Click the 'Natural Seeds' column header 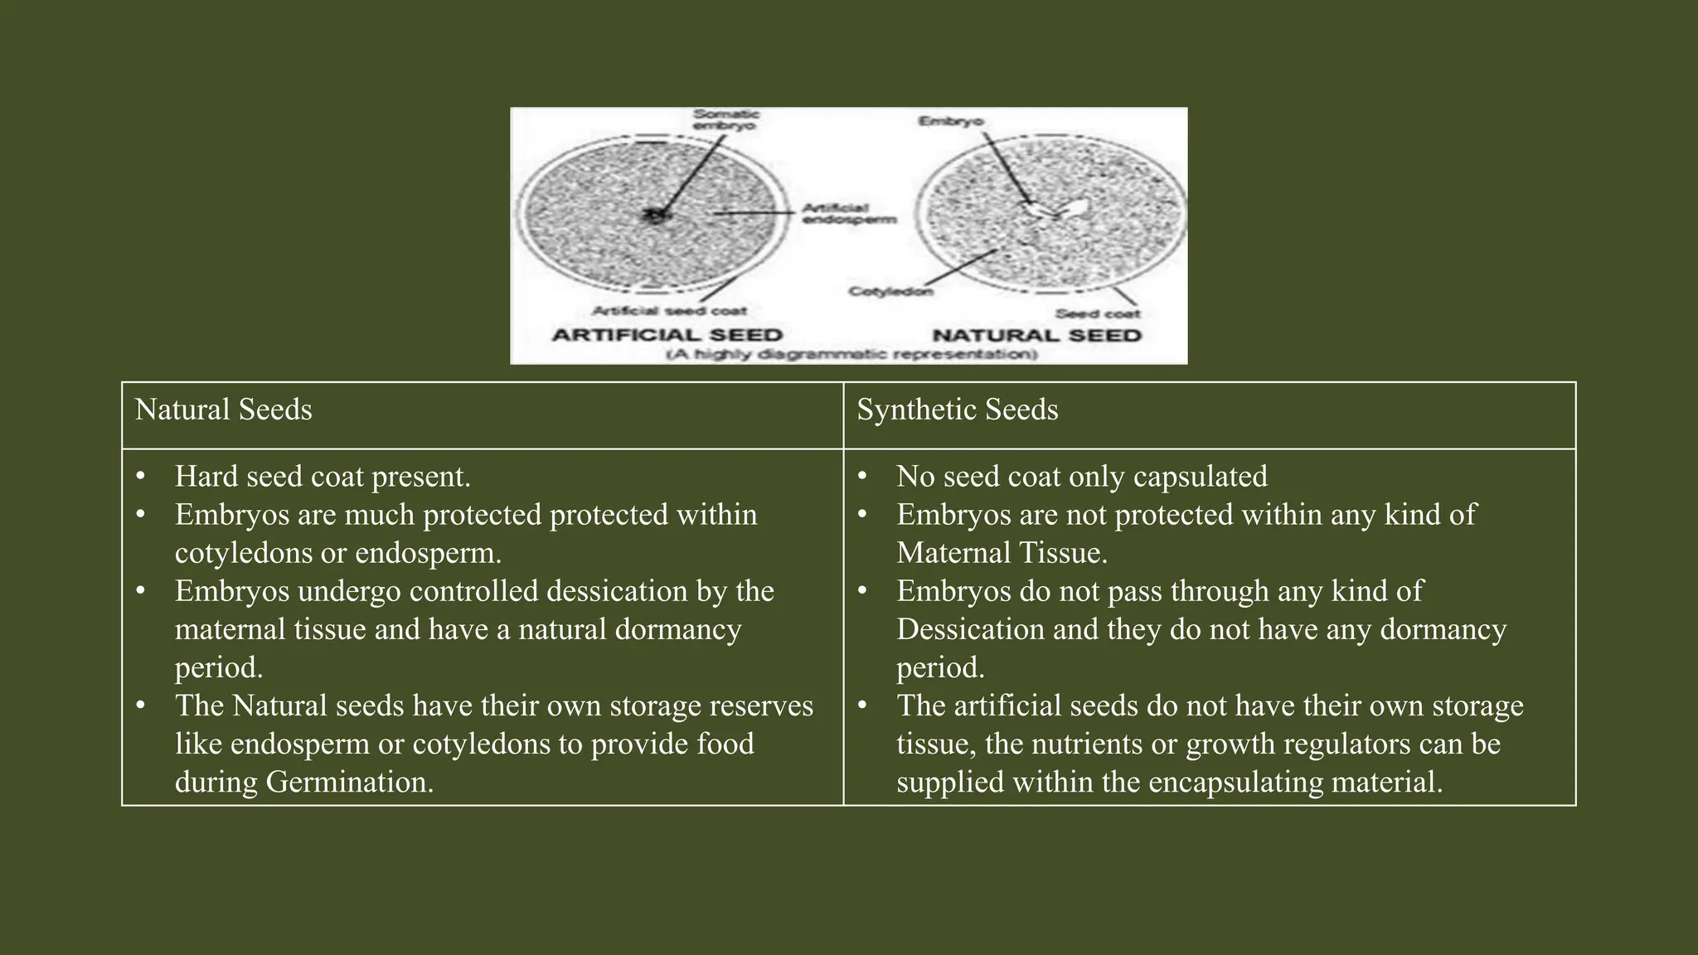(223, 410)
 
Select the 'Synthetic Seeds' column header (957, 410)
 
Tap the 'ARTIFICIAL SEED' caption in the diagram (667, 335)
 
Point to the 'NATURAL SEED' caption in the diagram (1036, 335)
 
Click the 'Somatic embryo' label (725, 119)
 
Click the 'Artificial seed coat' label (669, 311)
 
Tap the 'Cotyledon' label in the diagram (890, 291)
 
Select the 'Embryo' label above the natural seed (950, 122)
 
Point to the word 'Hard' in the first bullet (206, 477)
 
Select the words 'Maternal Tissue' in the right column (1001, 553)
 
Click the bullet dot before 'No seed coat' (862, 477)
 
